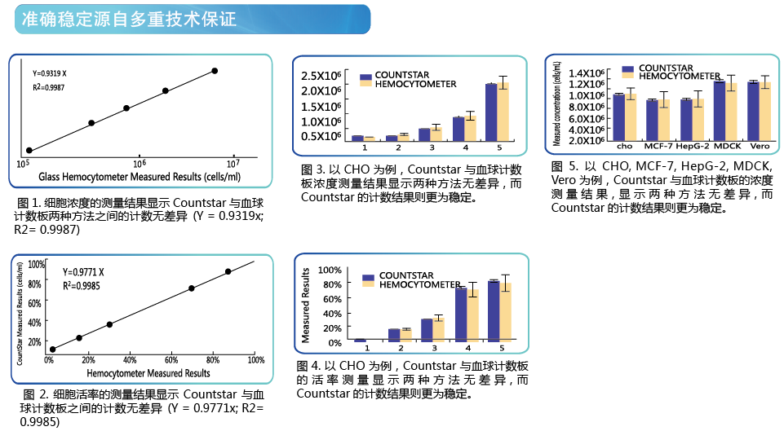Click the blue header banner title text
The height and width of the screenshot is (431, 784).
point(129,19)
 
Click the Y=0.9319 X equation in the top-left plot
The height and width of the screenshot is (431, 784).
point(50,73)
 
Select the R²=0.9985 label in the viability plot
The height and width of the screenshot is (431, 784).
point(82,286)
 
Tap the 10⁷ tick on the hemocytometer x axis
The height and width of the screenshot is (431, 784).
point(233,163)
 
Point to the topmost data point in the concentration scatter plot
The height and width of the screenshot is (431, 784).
point(215,71)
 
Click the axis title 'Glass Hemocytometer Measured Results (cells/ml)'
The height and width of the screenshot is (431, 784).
point(140,177)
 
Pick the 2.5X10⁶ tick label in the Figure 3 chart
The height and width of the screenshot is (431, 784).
point(321,76)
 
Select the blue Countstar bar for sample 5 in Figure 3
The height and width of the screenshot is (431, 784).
point(491,112)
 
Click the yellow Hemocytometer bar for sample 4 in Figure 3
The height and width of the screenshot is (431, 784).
point(470,129)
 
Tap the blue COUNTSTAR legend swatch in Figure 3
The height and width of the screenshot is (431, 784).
point(366,77)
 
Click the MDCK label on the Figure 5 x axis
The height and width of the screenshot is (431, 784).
point(728,146)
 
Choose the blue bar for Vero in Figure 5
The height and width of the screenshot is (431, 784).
point(753,111)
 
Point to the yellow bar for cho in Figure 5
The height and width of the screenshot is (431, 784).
point(631,117)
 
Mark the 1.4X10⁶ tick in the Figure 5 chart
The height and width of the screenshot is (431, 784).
point(587,73)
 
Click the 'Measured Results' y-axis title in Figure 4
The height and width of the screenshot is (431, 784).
point(305,306)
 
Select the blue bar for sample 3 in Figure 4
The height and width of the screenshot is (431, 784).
point(427,330)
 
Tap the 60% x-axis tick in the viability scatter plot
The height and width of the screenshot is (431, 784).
point(171,359)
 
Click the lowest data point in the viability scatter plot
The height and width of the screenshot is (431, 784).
point(52,350)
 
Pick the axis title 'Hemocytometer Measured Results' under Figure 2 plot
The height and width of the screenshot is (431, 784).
point(148,373)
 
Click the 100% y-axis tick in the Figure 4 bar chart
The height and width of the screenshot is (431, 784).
point(330,270)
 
